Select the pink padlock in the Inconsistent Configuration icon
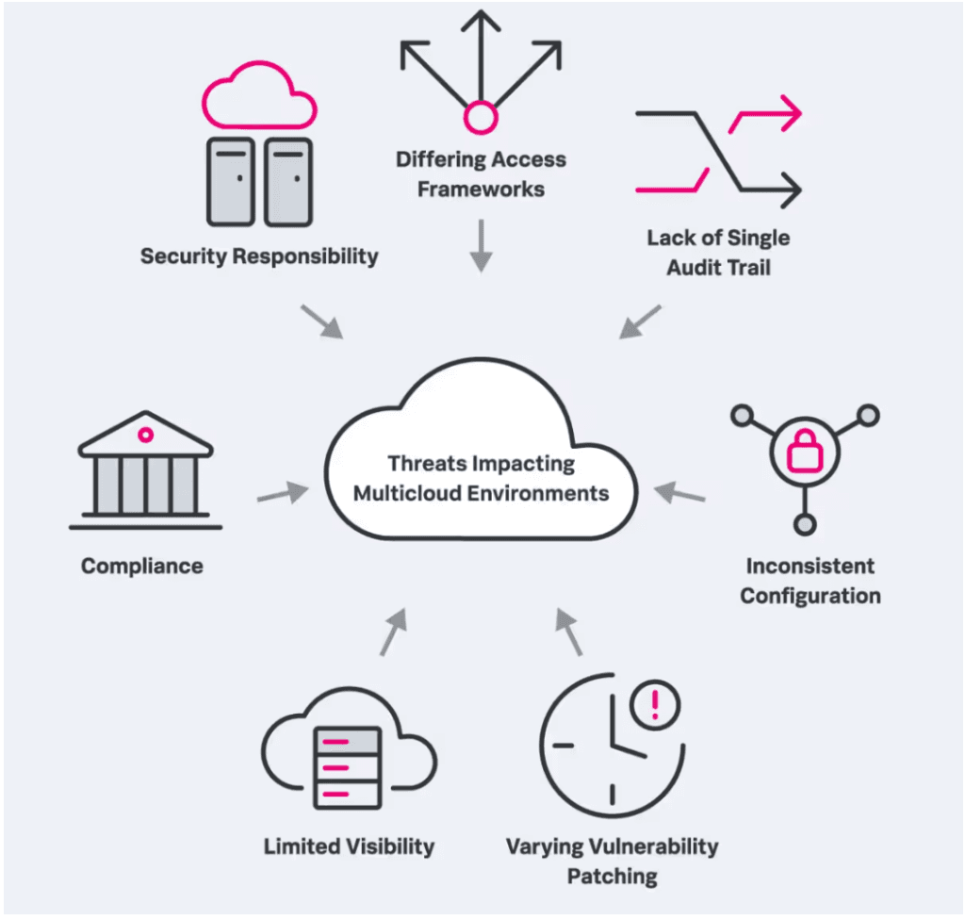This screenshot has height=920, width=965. coord(805,452)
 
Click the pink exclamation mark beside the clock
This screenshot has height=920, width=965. coord(655,705)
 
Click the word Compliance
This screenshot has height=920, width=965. coord(142,566)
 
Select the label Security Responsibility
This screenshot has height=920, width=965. coord(259,256)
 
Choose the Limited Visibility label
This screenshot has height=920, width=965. coord(349,846)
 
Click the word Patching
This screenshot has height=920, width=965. coord(613,877)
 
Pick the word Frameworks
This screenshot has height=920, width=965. coord(482,189)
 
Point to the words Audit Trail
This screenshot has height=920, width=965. coord(719,268)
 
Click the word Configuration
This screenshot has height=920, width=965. coord(810,596)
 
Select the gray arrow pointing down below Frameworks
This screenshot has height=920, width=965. coord(482,245)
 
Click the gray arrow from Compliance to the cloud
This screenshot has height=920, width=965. coord(283,493)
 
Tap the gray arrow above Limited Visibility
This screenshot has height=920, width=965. coord(394,632)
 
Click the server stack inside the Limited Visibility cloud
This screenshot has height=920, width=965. coord(348,767)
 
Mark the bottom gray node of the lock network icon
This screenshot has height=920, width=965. coord(805,525)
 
